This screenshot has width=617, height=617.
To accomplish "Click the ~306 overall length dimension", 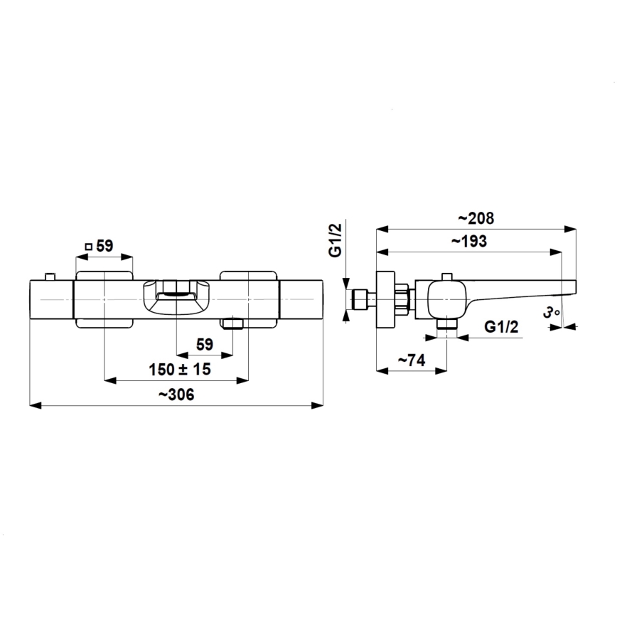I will pyautogui.click(x=176, y=395).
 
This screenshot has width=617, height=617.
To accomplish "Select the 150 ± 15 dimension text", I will pyautogui.click(x=179, y=370).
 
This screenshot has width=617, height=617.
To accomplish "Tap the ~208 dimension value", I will pyautogui.click(x=476, y=218).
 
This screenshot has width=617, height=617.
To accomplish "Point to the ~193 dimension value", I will pyautogui.click(x=469, y=241).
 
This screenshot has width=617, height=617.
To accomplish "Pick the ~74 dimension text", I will pyautogui.click(x=410, y=360).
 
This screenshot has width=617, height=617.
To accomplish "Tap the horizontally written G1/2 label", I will pyautogui.click(x=501, y=327).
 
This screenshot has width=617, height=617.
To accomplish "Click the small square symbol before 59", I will pyautogui.click(x=89, y=246).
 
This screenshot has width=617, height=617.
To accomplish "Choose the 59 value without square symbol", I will pyautogui.click(x=205, y=345).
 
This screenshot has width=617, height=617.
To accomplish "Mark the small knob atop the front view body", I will pyautogui.click(x=49, y=275).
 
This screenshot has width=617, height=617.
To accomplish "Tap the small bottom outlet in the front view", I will pyautogui.click(x=232, y=324).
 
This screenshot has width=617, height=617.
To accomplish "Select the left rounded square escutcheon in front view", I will pyautogui.click(x=104, y=299).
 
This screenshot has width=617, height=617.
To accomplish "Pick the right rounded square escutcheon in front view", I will pyautogui.click(x=248, y=299).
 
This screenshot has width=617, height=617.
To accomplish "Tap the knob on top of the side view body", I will pyautogui.click(x=447, y=275).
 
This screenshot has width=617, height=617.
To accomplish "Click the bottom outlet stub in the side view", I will pyautogui.click(x=446, y=324).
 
